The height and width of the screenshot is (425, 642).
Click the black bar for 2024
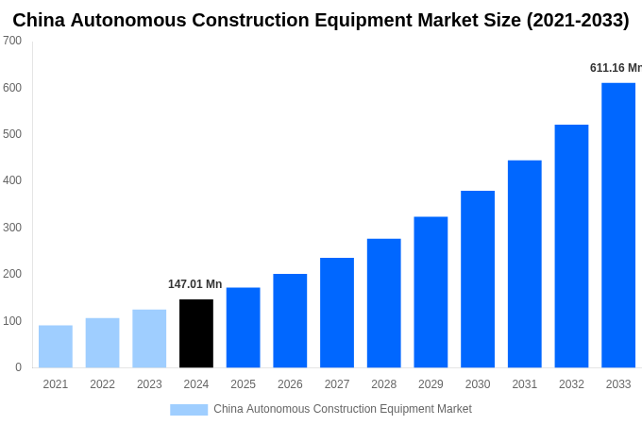point(196,333)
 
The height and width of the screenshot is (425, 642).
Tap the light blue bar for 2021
point(56,347)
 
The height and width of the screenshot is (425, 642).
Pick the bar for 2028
point(384,303)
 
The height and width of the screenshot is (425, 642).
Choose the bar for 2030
point(478,280)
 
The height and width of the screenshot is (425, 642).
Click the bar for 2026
point(290,321)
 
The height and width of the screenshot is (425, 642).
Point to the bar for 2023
point(149,338)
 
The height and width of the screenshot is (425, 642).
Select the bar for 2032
point(571,246)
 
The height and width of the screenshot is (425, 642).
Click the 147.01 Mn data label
point(194,284)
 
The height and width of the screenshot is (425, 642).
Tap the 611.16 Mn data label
point(615,68)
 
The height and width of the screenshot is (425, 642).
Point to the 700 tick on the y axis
point(12,41)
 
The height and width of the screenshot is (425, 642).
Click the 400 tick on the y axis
point(12,180)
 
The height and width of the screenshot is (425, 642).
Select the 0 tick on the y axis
point(18,367)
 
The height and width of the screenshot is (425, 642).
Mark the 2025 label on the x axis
point(243,384)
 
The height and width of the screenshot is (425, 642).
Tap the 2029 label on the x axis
point(431,384)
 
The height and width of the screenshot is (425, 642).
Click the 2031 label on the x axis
point(524,384)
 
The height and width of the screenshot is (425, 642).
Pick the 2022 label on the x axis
point(102,384)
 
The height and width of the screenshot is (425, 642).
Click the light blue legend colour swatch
point(189,410)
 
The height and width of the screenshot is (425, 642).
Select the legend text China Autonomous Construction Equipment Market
point(342,409)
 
